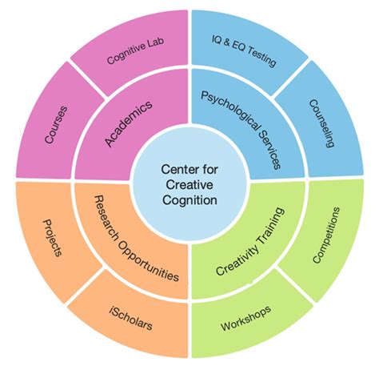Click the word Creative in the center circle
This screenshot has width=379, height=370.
point(189,185)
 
